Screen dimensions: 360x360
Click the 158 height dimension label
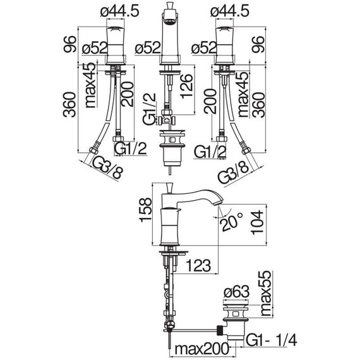[145, 210]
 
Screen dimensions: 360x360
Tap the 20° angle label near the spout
[231, 221]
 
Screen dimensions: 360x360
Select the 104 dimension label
[257, 222]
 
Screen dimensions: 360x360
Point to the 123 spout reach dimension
[198, 266]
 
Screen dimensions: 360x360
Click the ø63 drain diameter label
[236, 292]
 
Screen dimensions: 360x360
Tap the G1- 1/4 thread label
[271, 340]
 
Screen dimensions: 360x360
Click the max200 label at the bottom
[202, 349]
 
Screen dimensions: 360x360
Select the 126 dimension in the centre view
[186, 86]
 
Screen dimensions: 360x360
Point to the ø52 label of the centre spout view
[147, 48]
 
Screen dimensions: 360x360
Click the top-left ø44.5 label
[119, 11]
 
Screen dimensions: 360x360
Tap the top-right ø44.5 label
[230, 11]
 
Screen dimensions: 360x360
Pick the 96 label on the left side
[69, 44]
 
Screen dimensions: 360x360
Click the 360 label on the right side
[258, 105]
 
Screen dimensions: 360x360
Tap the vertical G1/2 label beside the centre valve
[149, 109]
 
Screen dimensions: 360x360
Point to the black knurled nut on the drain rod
[220, 330]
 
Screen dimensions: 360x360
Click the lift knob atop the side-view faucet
[170, 188]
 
